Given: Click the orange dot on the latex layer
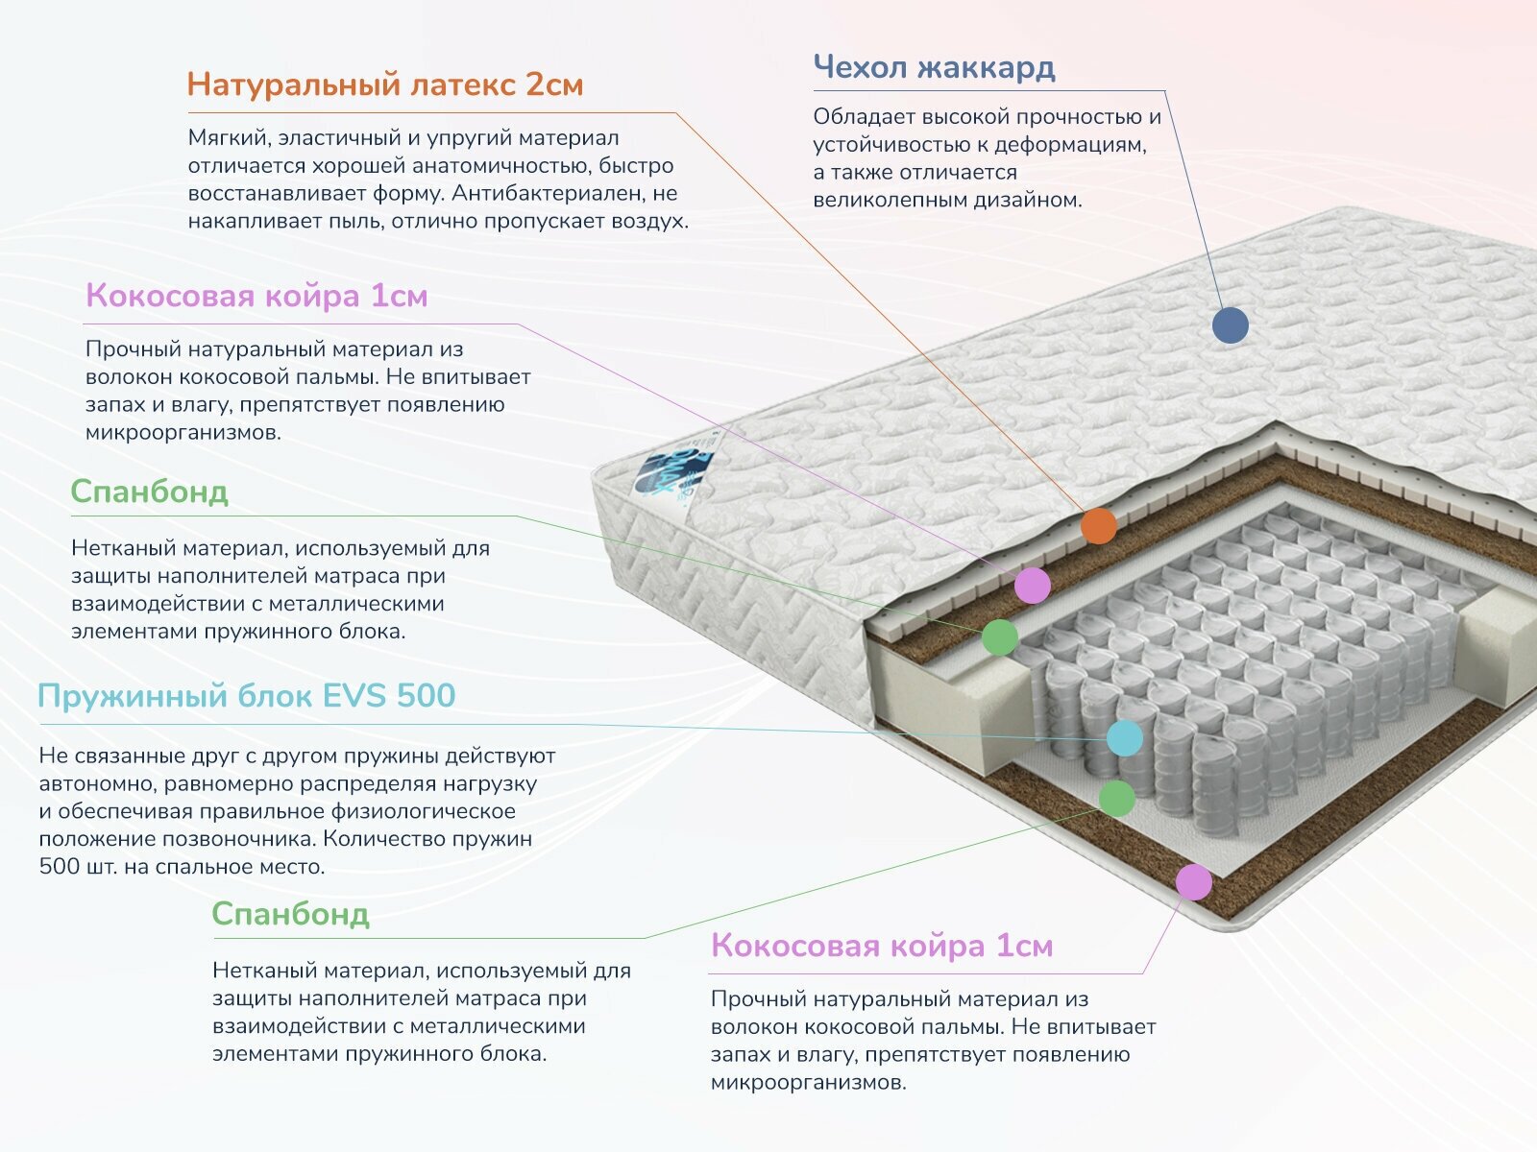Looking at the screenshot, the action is coord(1099,526).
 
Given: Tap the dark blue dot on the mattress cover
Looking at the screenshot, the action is coord(1230,325).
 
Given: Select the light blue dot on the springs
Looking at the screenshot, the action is coord(1125,738).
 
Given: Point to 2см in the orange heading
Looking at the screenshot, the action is coord(554,84).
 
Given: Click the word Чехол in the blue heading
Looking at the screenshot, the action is coord(860,67).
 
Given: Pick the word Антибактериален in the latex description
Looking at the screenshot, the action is coord(549,193).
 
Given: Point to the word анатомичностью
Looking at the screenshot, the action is coord(497,165).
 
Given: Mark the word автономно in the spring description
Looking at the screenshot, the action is coord(97,782).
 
